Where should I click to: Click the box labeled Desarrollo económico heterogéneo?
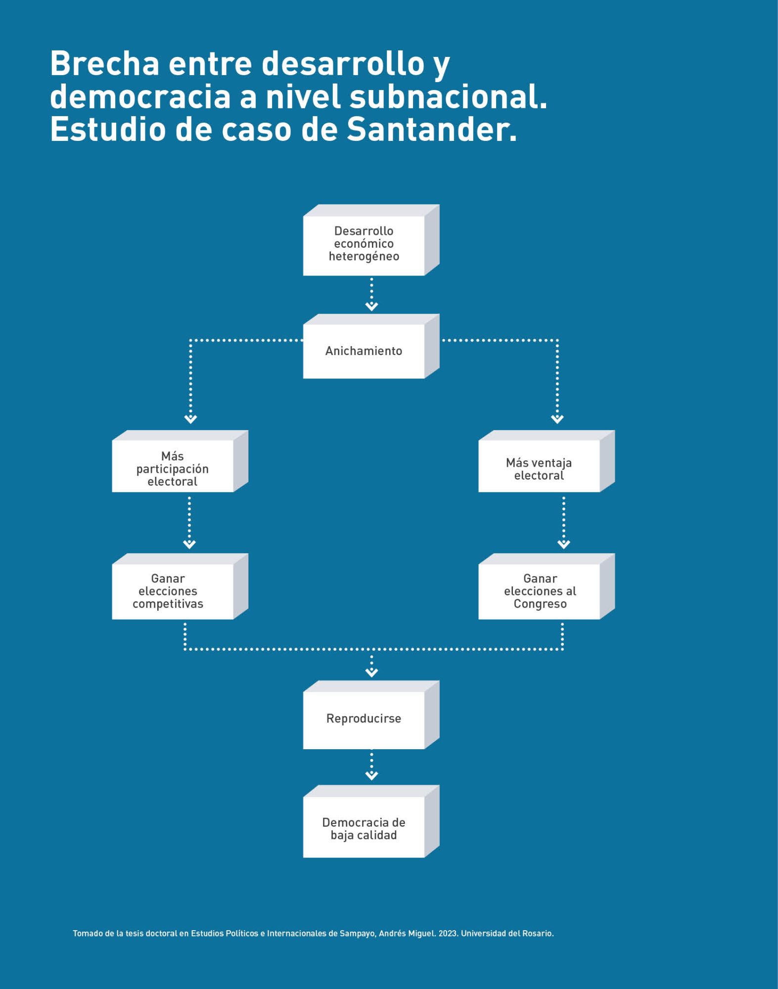tap(364, 244)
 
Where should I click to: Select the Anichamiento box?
tap(364, 351)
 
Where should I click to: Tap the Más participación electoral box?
tap(172, 469)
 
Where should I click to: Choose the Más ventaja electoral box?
tap(539, 469)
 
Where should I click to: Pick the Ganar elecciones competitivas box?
tap(168, 591)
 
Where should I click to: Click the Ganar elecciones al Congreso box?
tap(540, 591)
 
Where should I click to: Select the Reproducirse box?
tap(364, 719)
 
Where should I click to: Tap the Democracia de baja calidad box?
tap(364, 829)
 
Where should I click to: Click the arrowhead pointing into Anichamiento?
tap(371, 307)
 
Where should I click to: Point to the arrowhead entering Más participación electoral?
tap(190, 419)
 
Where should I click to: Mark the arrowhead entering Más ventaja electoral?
tap(557, 419)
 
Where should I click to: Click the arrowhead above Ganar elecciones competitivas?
tap(189, 544)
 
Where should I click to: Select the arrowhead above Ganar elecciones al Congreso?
tap(564, 544)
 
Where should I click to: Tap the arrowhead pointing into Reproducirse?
tap(371, 673)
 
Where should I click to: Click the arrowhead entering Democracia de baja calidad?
tap(371, 776)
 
